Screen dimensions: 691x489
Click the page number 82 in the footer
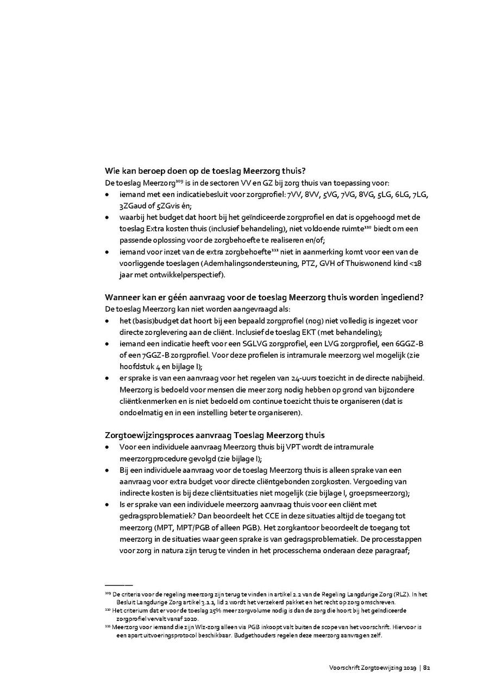427,668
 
